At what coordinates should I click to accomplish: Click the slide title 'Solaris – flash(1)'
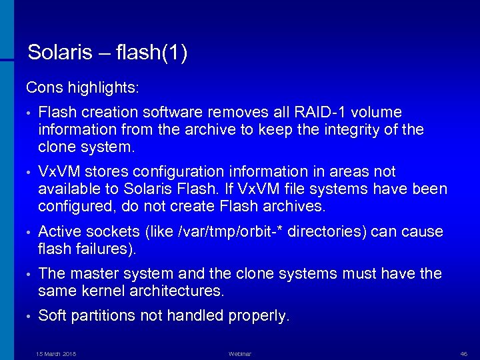click(107, 53)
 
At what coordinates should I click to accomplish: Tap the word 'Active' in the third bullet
click(61, 232)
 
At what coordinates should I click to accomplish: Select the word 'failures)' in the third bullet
click(105, 249)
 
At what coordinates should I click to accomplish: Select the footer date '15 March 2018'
click(56, 353)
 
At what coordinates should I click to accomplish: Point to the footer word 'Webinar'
click(239, 353)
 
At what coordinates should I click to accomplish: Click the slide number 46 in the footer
click(464, 353)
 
